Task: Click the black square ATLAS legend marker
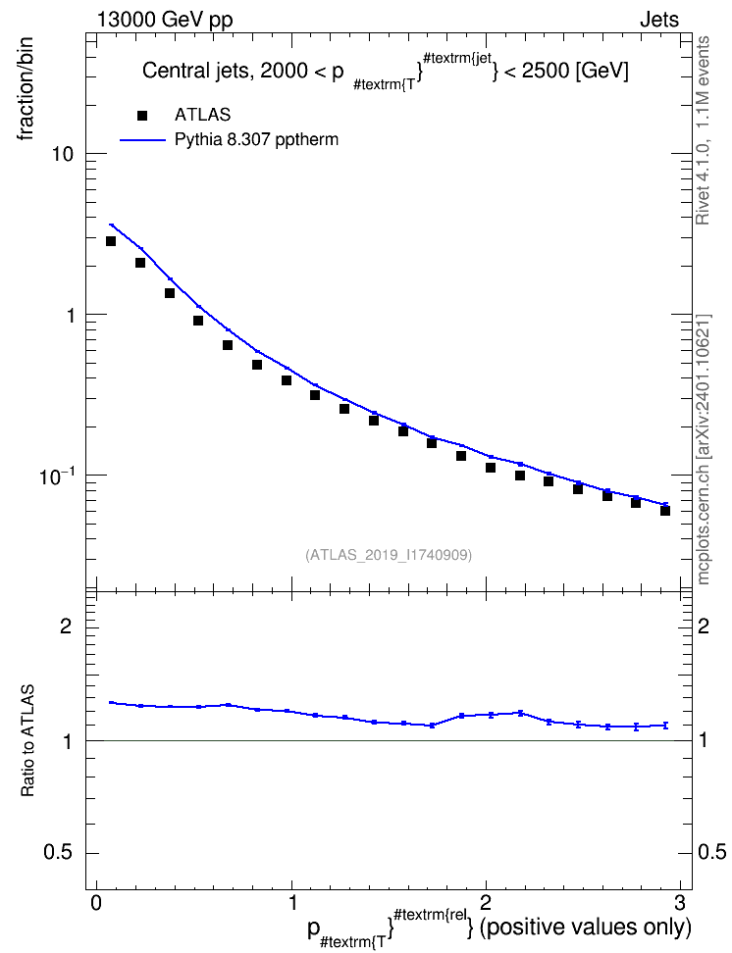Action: point(142,116)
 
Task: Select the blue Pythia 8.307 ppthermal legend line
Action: point(143,140)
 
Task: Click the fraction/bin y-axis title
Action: point(26,89)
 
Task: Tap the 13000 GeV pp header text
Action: point(164,20)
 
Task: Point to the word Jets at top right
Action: point(659,20)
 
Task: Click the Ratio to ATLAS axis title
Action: point(27,740)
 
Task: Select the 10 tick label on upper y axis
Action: point(60,154)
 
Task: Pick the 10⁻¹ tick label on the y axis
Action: point(57,476)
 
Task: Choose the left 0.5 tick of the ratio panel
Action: point(58,853)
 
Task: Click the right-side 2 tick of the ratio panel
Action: point(704,626)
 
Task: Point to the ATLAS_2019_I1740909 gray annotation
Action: point(389,555)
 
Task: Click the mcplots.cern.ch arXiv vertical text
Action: point(704,450)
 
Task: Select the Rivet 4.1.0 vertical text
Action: point(703,130)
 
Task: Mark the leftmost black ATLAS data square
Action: point(111,241)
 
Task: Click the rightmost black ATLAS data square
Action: point(665,511)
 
